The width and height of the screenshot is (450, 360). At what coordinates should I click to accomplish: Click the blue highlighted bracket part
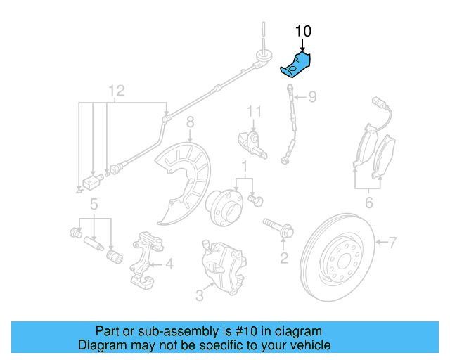click(296, 63)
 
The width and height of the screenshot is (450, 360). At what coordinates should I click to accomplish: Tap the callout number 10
click(302, 32)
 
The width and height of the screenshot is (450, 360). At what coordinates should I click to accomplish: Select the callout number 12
click(116, 91)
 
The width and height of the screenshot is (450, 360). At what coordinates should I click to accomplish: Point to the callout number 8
click(190, 124)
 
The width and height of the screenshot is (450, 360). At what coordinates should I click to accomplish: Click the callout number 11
click(253, 111)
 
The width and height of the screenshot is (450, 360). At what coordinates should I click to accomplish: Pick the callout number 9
click(313, 96)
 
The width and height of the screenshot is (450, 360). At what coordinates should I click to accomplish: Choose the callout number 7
click(392, 243)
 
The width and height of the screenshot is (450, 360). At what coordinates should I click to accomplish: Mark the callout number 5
click(93, 205)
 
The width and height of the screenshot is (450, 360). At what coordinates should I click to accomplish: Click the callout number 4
click(169, 265)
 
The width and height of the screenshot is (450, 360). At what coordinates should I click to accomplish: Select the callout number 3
click(200, 296)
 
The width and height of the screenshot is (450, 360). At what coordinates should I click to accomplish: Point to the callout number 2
click(284, 259)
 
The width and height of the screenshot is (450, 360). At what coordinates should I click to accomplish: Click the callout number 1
click(245, 167)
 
